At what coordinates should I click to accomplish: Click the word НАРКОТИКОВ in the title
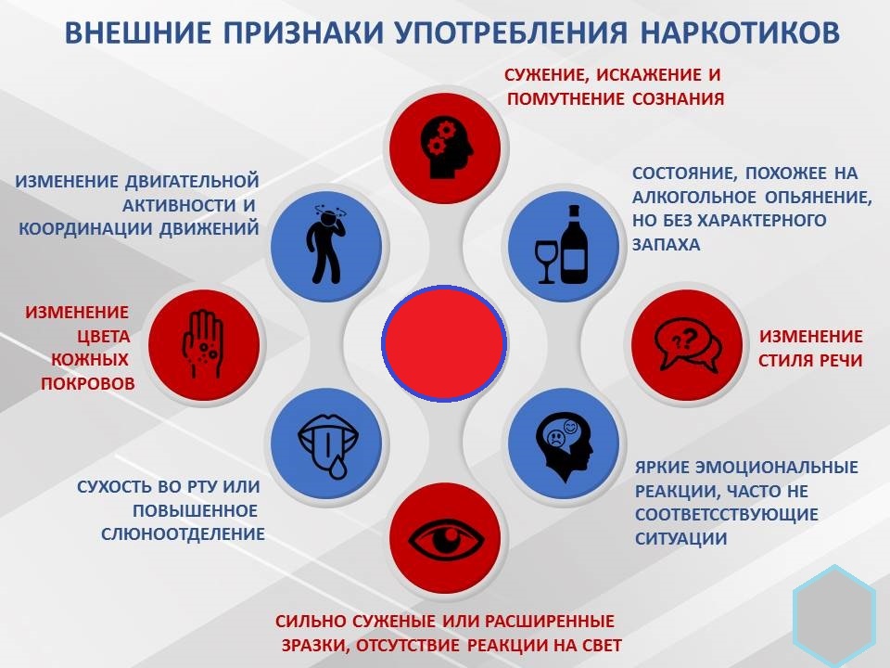click(x=740, y=32)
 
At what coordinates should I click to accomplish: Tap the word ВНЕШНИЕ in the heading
click(x=138, y=32)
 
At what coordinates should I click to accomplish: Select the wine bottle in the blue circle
click(x=575, y=244)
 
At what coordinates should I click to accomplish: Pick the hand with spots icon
click(x=203, y=343)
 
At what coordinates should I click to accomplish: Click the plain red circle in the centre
click(x=444, y=343)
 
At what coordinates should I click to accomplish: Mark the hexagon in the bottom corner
click(x=834, y=616)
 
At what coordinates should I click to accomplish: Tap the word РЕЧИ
click(x=839, y=361)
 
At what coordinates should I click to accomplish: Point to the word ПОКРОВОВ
click(x=88, y=383)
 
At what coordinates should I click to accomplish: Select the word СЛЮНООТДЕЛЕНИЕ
click(x=183, y=534)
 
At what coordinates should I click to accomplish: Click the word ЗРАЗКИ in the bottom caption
click(x=314, y=646)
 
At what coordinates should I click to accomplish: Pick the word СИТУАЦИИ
click(x=680, y=538)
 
